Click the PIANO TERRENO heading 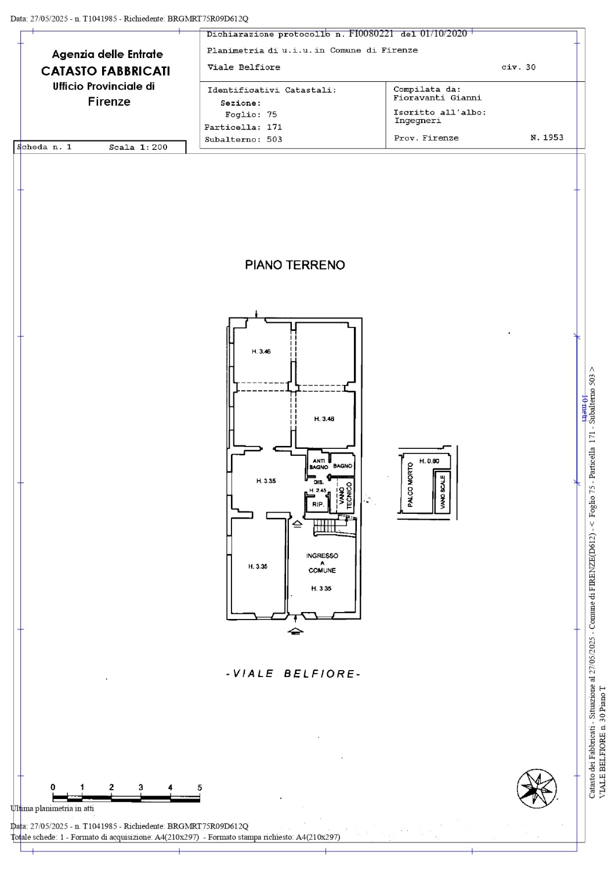pos(295,265)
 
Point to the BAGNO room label pos(343,466)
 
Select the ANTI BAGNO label pos(319,464)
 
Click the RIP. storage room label pos(318,505)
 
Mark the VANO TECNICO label pos(345,495)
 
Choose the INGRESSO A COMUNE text pos(322,563)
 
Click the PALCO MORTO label pos(410,484)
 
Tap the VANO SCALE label pos(443,492)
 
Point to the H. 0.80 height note pos(429,461)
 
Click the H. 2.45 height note pos(318,490)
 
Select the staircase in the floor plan pos(325,527)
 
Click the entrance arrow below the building pos(296,631)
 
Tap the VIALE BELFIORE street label pos(294,674)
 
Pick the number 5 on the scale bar pos(200,787)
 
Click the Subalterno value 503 pos(274,139)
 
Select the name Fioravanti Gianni pos(437,98)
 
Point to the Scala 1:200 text pos(138,147)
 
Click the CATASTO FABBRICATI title pos(106,71)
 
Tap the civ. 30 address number pos(518,67)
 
